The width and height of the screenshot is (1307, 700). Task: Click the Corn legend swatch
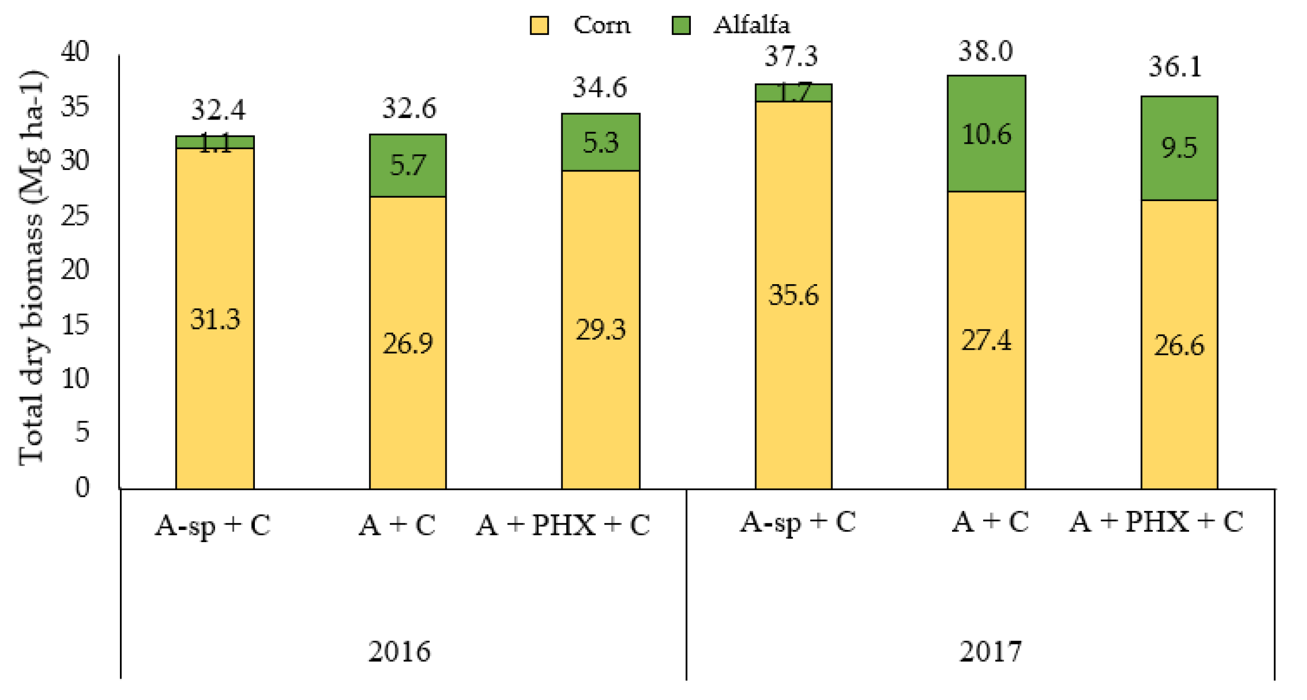(x=539, y=25)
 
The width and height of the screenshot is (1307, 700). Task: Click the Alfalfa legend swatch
(x=680, y=25)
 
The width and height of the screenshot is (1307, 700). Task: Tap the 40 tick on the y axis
(x=75, y=51)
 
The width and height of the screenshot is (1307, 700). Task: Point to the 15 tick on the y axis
(x=75, y=324)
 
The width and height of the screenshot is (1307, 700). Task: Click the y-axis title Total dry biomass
(x=32, y=268)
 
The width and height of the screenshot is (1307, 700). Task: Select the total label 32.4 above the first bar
(x=218, y=109)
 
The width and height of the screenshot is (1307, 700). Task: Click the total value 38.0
(x=985, y=51)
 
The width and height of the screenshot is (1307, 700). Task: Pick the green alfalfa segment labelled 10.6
(x=987, y=134)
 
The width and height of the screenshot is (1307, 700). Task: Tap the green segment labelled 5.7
(x=407, y=166)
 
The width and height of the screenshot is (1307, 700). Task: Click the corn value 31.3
(x=215, y=319)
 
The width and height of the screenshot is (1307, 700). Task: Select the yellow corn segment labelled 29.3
(x=600, y=330)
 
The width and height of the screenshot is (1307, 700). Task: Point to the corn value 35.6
(x=793, y=295)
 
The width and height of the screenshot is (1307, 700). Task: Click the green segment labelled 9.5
(x=1179, y=148)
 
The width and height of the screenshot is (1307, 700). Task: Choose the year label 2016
(x=399, y=651)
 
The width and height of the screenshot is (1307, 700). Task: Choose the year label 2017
(x=990, y=651)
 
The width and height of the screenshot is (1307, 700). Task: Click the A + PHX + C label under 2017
(x=1156, y=522)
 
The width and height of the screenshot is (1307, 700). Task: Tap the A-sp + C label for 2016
(x=213, y=525)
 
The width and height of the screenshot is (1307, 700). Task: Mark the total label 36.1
(x=1175, y=67)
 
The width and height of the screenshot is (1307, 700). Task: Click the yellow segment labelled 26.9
(x=407, y=343)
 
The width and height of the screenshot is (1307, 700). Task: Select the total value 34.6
(x=600, y=88)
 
